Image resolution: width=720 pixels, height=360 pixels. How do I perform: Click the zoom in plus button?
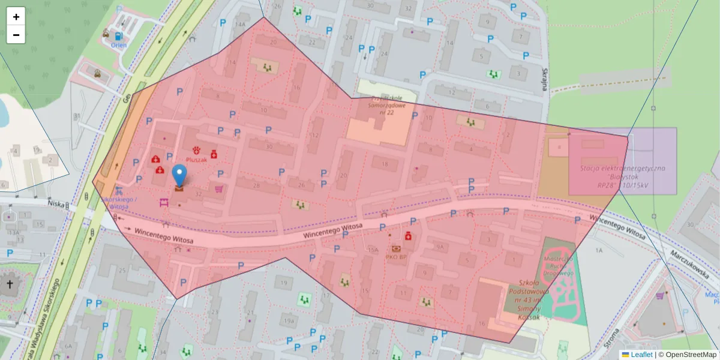click(16, 16)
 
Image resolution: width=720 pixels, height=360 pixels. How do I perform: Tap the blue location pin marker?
click(179, 175)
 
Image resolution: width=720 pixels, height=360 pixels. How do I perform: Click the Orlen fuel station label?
click(119, 45)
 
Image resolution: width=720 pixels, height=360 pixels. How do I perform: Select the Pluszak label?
click(196, 160)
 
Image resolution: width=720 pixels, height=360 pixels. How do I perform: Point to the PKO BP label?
click(396, 257)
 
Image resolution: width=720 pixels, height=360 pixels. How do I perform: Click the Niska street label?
click(56, 204)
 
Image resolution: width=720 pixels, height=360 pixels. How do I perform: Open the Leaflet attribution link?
click(641, 355)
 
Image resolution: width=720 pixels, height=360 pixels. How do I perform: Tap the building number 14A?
click(241, 24)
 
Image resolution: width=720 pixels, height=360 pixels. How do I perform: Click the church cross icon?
click(10, 284)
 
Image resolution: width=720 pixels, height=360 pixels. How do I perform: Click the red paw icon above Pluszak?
click(196, 149)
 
